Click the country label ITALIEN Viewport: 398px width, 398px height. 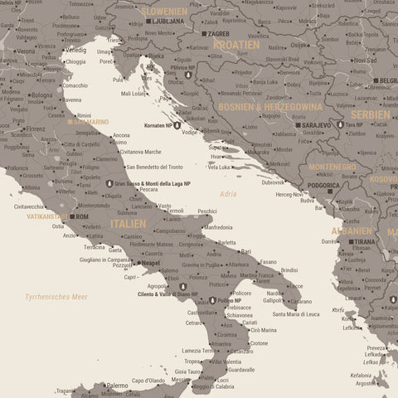tap(128, 224)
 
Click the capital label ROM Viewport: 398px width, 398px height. tap(81, 216)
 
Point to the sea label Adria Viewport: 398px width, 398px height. tap(228, 194)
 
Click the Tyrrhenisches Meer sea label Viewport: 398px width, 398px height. tap(56, 296)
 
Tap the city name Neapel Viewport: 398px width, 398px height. tap(150, 262)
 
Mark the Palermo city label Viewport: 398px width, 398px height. tap(117, 385)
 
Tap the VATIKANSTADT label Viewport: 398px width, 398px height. tap(46, 216)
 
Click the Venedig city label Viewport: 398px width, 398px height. tap(75, 51)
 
